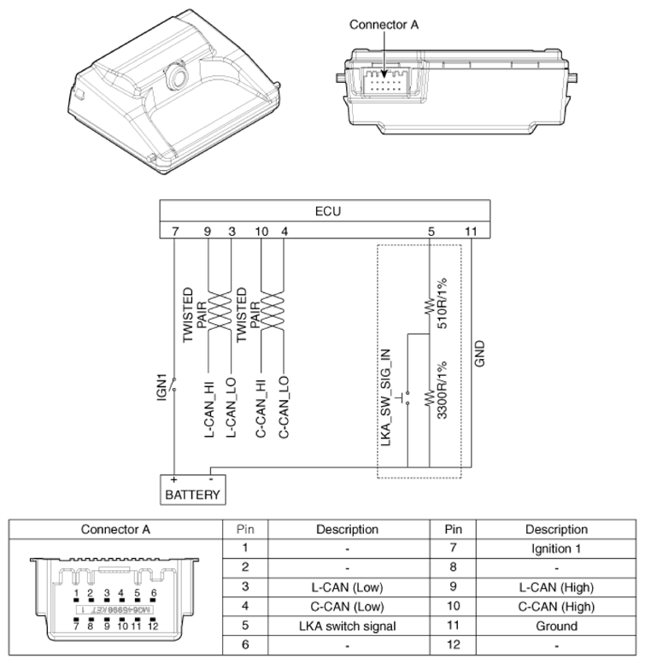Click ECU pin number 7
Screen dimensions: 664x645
pos(175,230)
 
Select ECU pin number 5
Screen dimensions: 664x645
pos(431,230)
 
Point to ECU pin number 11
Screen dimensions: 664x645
pos(471,230)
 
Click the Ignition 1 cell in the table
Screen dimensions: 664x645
pos(556,549)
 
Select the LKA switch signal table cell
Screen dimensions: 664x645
pos(347,626)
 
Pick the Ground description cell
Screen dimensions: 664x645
pos(556,626)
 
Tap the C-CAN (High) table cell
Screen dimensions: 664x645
pos(556,606)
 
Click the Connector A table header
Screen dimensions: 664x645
pos(115,529)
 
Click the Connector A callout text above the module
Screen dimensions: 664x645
pos(384,25)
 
